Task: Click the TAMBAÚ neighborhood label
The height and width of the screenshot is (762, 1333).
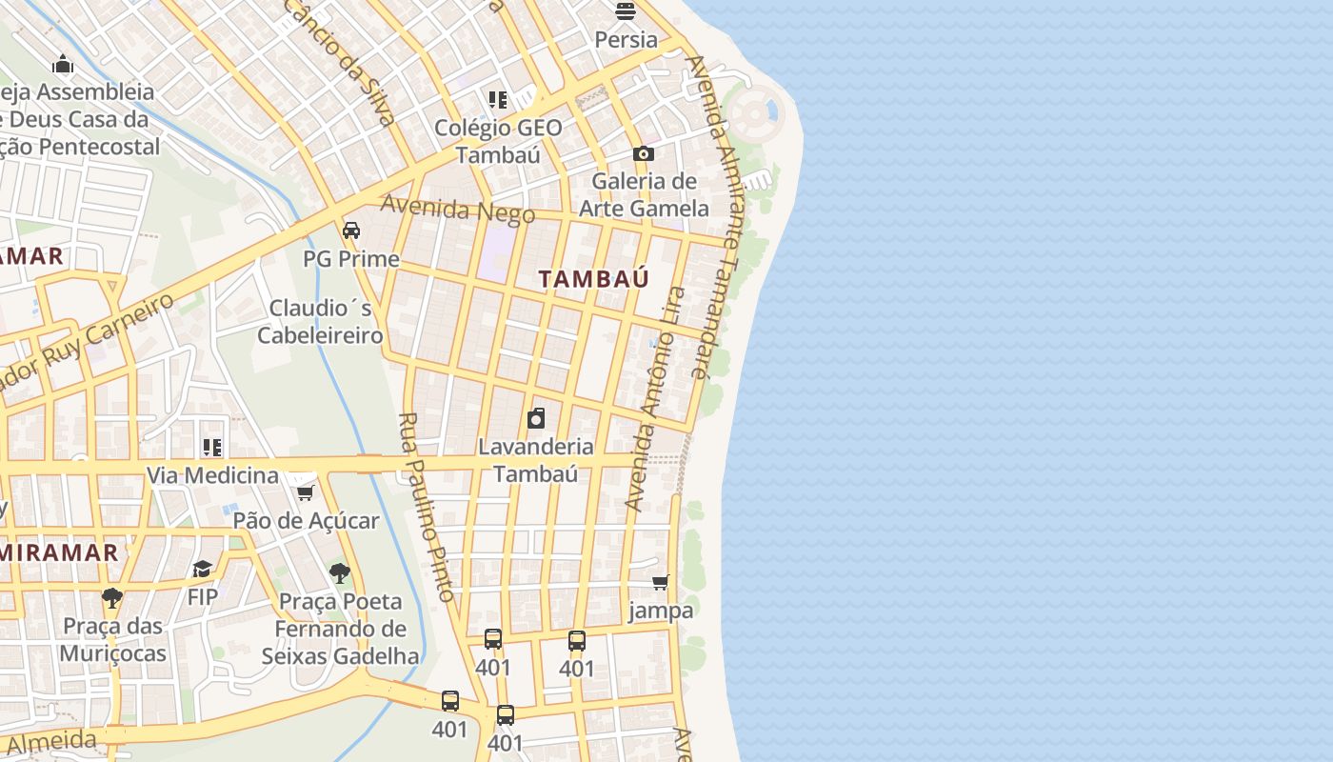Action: coord(593,279)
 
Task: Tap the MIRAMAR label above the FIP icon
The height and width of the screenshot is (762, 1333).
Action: coord(59,552)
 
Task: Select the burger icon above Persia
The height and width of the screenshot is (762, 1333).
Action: coord(626,11)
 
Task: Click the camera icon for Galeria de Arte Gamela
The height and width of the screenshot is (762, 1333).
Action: coord(644,153)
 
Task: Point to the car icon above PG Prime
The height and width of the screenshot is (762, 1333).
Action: coord(351,231)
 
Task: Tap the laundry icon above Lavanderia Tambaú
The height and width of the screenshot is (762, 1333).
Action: coord(537,418)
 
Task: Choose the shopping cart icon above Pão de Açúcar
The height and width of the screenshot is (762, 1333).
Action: coord(306,492)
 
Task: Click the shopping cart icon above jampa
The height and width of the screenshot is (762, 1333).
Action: coord(661,582)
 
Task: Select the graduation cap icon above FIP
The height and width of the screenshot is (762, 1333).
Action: coord(202,569)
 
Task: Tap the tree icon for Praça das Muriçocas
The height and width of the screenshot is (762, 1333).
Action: coord(112,597)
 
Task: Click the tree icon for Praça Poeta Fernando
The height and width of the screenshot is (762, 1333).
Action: coord(339,573)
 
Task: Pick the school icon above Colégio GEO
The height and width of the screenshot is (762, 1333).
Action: coord(498,99)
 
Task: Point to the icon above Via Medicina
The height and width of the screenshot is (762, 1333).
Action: coord(212,447)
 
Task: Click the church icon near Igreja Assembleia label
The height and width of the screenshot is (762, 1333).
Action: coord(63,64)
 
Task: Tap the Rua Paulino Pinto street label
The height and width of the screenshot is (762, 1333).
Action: coord(425,506)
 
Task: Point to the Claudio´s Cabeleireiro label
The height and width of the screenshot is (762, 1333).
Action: coord(321,322)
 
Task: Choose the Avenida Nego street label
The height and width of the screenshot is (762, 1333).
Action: coord(458,210)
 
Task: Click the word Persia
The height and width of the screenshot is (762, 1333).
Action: coord(626,40)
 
